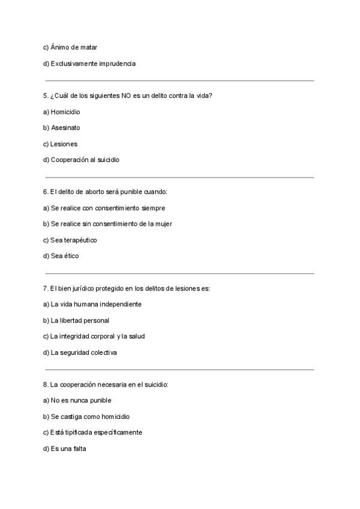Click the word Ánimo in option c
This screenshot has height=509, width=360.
point(61,47)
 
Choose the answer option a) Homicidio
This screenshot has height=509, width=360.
point(62,112)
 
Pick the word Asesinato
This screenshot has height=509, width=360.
point(65,128)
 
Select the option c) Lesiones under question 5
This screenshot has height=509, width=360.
point(60,144)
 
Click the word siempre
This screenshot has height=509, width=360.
point(153,208)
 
